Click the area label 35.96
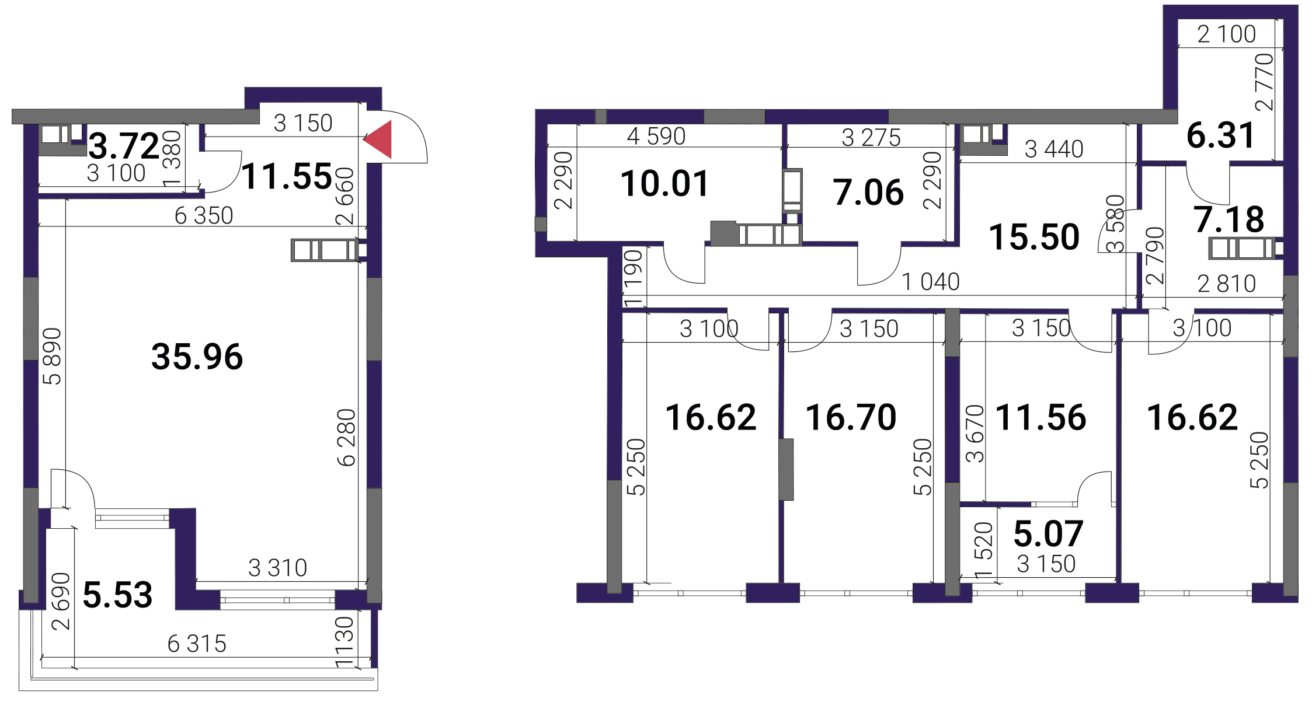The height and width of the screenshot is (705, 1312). point(197,357)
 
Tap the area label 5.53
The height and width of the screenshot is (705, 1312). point(118,595)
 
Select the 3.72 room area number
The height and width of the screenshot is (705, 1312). point(124,146)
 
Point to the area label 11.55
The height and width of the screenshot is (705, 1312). point(287,176)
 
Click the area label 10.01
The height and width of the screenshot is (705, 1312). point(665,183)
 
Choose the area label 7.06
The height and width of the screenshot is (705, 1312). point(869,193)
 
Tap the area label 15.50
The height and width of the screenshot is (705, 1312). point(1034,237)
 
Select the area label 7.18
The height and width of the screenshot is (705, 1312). point(1229,219)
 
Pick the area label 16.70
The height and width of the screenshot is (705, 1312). point(851,417)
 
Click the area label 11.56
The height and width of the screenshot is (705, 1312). point(1040,417)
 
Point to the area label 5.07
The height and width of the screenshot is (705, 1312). point(1049,533)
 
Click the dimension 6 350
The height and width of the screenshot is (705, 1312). point(204,216)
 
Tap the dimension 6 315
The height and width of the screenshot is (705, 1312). point(197,644)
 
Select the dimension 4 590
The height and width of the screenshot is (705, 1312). point(656,137)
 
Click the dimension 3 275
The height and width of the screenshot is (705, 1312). point(871,138)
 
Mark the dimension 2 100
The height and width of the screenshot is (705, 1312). point(1227,34)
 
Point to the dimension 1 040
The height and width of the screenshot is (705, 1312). point(931,282)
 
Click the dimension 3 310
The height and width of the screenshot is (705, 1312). point(277,568)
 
